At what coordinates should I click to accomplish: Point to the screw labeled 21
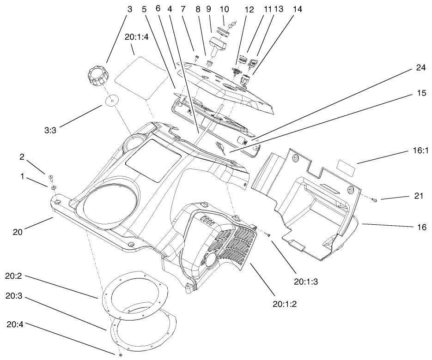[374, 200]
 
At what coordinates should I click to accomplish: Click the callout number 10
[224, 9]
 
